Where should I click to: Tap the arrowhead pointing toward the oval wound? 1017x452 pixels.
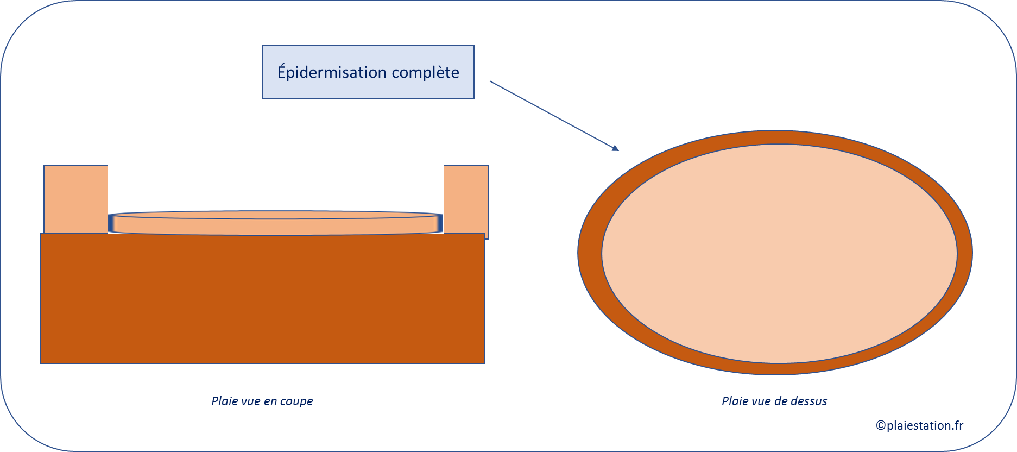[615, 148]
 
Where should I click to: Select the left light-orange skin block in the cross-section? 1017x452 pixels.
[75, 199]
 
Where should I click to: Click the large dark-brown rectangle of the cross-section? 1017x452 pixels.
[263, 298]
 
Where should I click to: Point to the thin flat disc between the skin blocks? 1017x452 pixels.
[276, 223]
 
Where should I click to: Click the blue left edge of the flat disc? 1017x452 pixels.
[112, 223]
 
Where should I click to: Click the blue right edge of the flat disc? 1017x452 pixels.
[440, 223]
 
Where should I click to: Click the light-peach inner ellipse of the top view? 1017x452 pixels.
[779, 254]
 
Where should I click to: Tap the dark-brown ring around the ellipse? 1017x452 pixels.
[590, 253]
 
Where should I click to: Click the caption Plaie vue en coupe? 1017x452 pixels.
[262, 401]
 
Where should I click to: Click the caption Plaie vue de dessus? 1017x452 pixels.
[774, 401]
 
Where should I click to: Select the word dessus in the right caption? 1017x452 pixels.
[809, 401]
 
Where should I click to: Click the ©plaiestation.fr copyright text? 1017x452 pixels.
[920, 425]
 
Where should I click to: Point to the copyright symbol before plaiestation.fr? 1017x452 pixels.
[881, 425]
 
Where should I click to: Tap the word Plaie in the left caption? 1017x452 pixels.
[223, 401]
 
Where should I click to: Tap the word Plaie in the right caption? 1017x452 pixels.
[734, 401]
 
